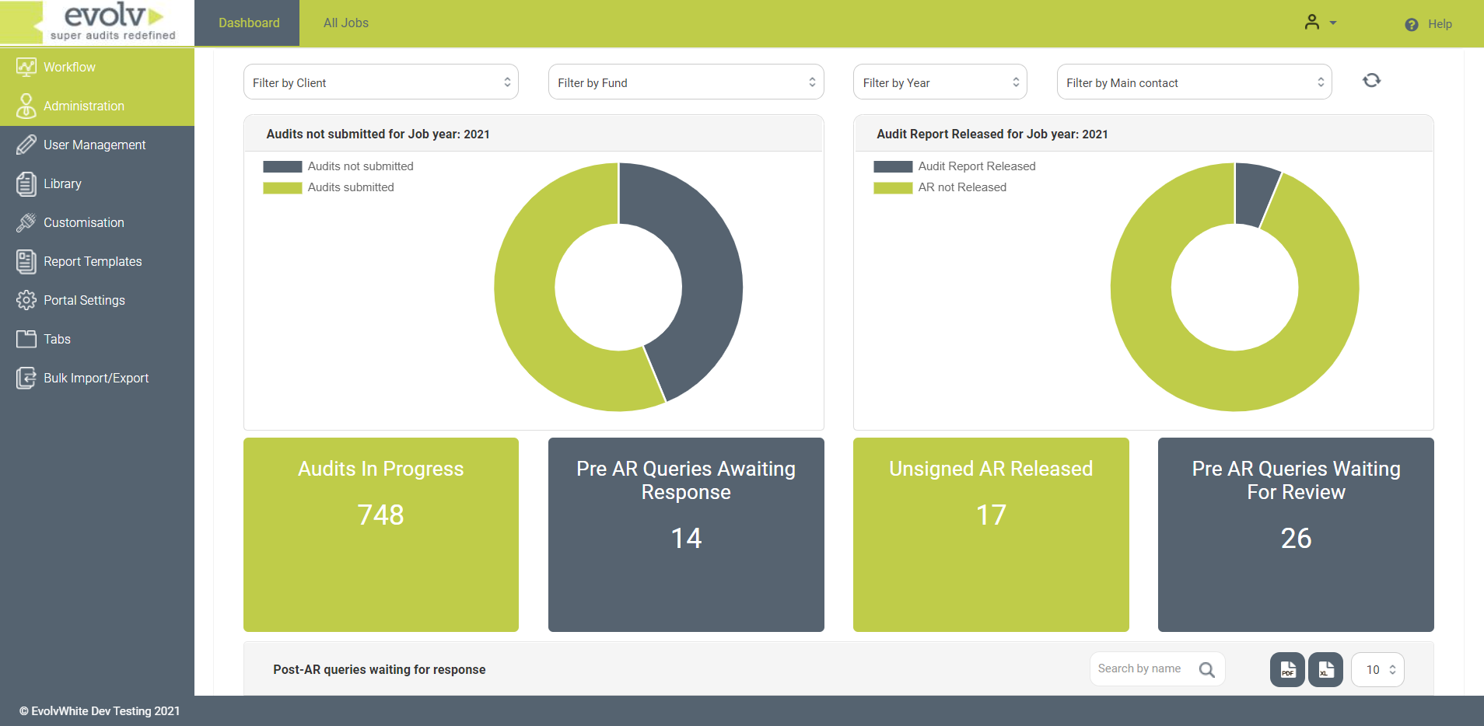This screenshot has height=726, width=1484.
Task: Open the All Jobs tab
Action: click(x=346, y=23)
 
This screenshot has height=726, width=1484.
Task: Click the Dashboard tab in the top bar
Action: click(x=249, y=23)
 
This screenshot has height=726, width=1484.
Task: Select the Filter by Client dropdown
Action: click(x=380, y=82)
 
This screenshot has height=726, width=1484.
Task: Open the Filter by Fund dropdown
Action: click(x=685, y=82)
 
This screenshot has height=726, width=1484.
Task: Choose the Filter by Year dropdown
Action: click(x=940, y=82)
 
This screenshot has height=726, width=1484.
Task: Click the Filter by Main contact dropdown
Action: click(x=1194, y=82)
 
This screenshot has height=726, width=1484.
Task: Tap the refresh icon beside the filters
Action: click(x=1371, y=80)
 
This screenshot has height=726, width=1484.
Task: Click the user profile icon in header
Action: click(x=1313, y=23)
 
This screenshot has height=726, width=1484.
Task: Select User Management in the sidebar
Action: click(x=94, y=145)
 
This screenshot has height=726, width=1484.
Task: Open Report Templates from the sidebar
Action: click(x=93, y=261)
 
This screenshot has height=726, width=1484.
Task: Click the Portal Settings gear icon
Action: click(x=26, y=300)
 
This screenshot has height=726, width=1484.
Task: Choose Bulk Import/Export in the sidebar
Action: click(x=96, y=378)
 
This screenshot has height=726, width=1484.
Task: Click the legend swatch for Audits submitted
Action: click(x=282, y=187)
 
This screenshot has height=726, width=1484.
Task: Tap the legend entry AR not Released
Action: click(x=961, y=187)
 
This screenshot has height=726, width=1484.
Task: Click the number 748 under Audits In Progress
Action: click(x=380, y=515)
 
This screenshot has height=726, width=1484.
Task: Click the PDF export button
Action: click(x=1287, y=669)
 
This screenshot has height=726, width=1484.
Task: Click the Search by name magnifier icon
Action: click(x=1206, y=669)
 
